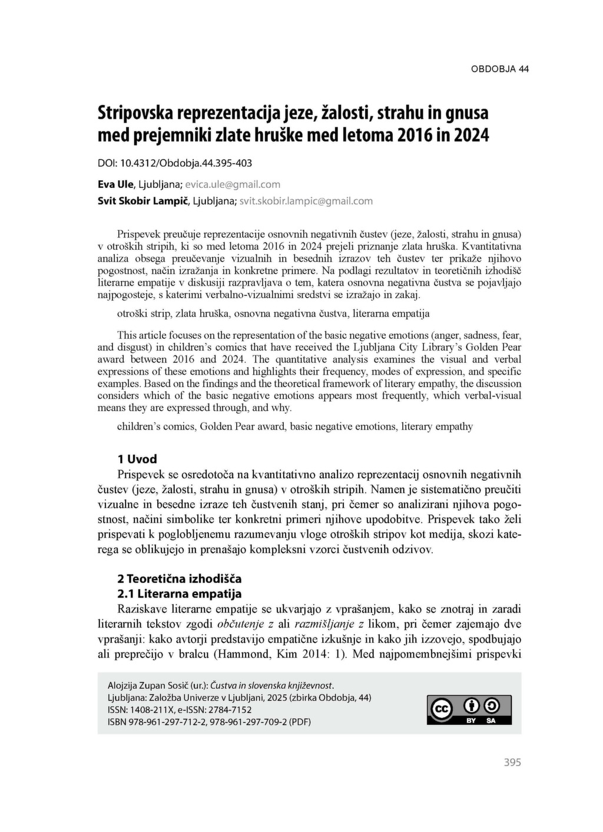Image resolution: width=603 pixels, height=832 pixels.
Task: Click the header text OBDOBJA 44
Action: pyautogui.click(x=499, y=69)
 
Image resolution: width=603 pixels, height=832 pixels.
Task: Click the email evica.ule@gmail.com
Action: pyautogui.click(x=233, y=184)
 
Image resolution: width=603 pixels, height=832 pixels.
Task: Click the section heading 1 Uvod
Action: pyautogui.click(x=137, y=459)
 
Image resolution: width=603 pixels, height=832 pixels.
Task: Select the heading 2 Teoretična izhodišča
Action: pyautogui.click(x=180, y=578)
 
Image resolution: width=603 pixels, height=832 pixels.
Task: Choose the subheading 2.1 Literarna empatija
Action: pyautogui.click(x=180, y=593)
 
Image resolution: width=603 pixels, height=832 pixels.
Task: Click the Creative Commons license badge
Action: pyautogui.click(x=469, y=709)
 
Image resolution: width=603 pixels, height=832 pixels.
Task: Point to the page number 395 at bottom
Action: pyautogui.click(x=512, y=762)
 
